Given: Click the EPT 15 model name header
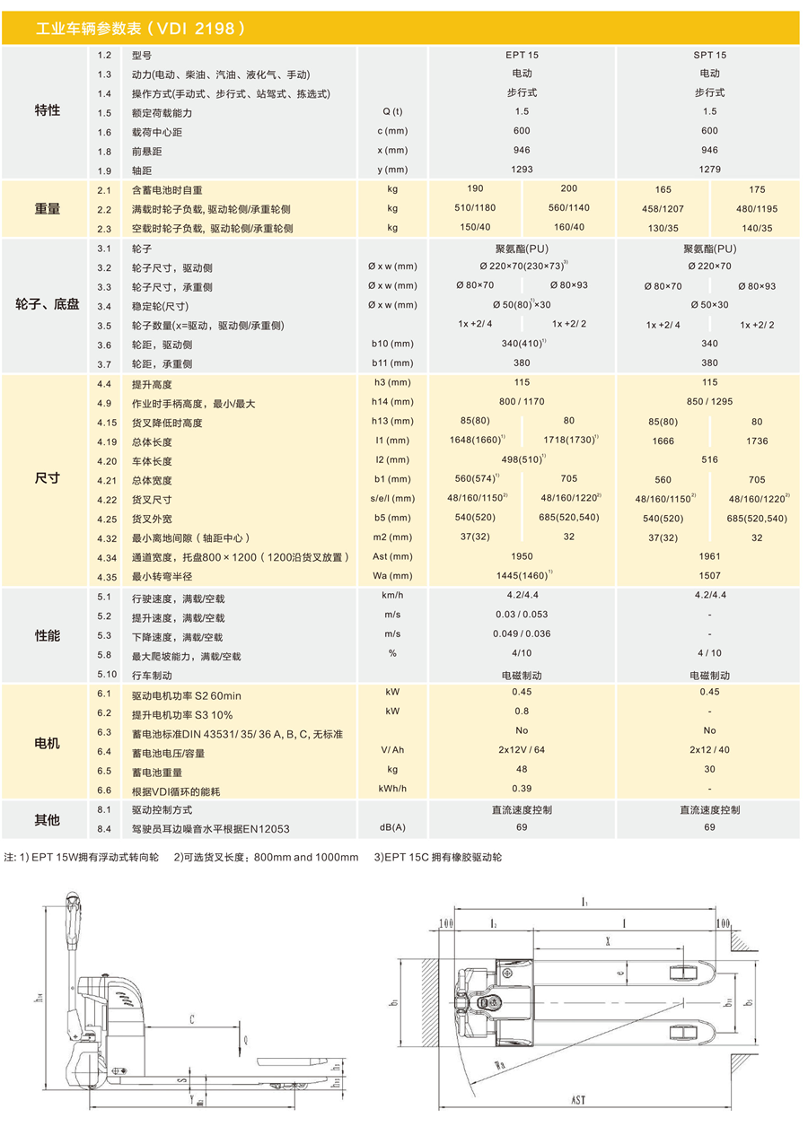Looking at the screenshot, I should [x=522, y=55].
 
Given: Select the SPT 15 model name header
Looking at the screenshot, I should [x=709, y=55].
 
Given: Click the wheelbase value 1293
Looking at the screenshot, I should [x=522, y=169].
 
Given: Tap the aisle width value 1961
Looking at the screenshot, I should [x=709, y=556].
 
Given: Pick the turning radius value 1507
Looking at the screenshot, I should [x=709, y=576].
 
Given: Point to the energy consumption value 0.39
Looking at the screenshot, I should [x=522, y=788].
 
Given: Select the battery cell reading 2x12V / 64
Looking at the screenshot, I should [x=522, y=750].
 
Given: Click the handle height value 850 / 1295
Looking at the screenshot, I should [x=709, y=401].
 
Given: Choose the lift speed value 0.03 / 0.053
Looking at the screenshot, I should [x=522, y=615].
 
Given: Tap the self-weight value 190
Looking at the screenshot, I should [x=475, y=188].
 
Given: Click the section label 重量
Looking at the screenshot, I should [x=47, y=208].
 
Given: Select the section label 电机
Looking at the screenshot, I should [x=47, y=743].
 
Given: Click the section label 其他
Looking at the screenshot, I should [x=47, y=819].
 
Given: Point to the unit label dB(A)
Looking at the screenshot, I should [x=392, y=827].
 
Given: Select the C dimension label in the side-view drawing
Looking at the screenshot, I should [x=192, y=1020].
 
